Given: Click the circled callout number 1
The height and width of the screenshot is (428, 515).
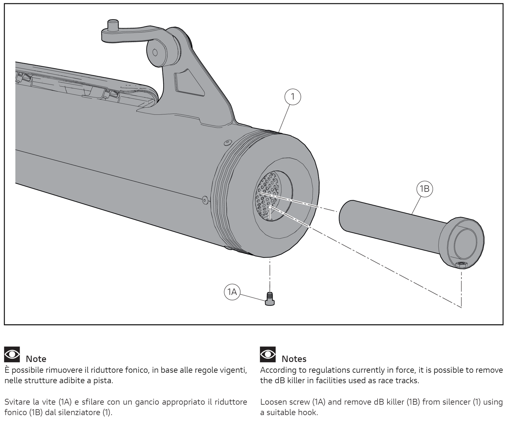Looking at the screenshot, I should (293, 97).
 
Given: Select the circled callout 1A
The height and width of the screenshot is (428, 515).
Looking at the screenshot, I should (232, 292).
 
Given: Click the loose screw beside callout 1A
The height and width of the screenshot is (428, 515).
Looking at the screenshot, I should (270, 299).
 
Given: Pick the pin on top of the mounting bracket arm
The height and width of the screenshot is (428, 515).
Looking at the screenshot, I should (113, 25).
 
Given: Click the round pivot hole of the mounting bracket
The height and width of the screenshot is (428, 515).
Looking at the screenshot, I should (155, 52).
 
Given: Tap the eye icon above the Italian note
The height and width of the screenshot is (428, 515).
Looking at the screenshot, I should (12, 355).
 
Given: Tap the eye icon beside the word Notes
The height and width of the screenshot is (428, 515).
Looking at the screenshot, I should (268, 355).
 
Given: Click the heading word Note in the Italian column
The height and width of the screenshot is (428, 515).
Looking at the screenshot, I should (36, 359).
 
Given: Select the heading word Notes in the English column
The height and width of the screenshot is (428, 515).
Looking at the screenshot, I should (294, 359).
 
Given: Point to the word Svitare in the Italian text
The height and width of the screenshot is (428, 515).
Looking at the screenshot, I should (16, 402).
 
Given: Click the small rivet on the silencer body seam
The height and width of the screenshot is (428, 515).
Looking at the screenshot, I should (204, 200).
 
